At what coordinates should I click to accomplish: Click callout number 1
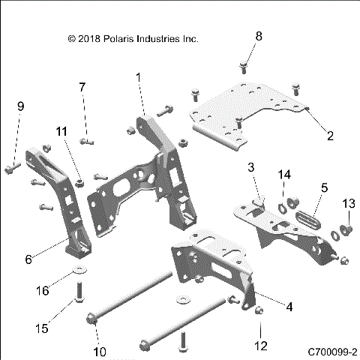pos(139,76)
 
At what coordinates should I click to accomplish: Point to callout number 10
pos(98,352)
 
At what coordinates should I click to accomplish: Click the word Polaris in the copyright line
pos(124,37)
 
